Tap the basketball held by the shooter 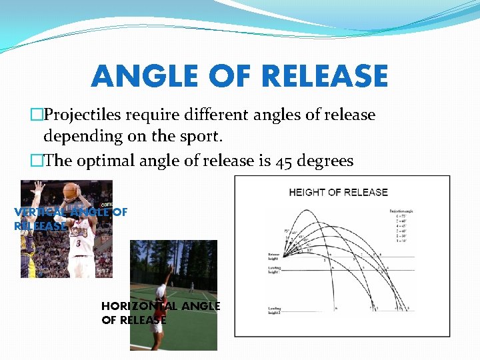(70, 191)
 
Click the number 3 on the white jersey (78, 244)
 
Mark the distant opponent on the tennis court (191, 287)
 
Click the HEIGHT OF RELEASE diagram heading (338, 192)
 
